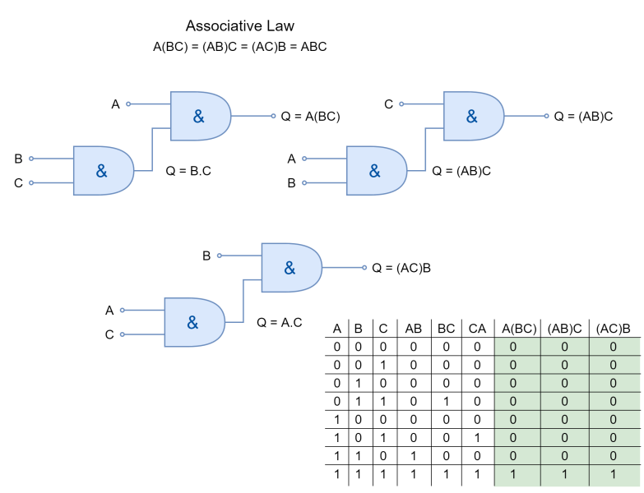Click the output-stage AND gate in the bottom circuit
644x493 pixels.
290,268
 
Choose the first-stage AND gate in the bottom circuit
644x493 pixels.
193,322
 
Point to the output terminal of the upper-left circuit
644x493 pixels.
274,116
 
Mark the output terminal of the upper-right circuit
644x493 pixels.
547,116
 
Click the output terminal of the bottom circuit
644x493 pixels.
364,267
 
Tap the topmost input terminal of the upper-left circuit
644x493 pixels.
128,104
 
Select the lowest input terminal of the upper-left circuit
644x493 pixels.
31,182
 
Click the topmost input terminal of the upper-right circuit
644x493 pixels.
401,104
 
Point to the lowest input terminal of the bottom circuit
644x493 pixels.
123,334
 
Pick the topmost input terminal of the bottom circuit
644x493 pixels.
219,256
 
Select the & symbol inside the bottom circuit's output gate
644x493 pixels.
290,268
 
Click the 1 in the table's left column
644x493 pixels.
513,475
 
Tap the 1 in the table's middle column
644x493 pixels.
564,475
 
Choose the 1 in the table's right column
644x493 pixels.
613,475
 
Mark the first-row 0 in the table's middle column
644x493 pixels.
564,347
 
